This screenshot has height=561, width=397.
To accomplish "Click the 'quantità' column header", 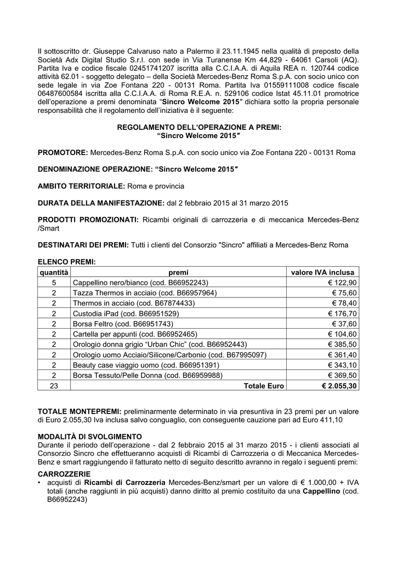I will point(54,272).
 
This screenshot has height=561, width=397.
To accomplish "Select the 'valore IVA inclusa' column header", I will point(322,272).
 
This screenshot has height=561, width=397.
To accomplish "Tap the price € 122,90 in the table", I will point(342,283).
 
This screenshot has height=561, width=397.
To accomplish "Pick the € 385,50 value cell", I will point(342,345).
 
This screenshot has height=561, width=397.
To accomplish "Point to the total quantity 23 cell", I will point(54,386).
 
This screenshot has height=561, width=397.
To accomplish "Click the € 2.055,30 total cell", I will point(339,386).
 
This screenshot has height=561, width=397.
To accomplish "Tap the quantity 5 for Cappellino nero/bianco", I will point(54,283).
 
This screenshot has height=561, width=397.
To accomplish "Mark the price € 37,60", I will point(344,324).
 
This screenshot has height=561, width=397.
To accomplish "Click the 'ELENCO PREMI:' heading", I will point(66,262).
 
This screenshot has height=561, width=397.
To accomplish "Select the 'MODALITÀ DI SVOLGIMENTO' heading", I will point(90,437).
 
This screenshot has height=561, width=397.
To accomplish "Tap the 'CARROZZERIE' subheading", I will point(65,473).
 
